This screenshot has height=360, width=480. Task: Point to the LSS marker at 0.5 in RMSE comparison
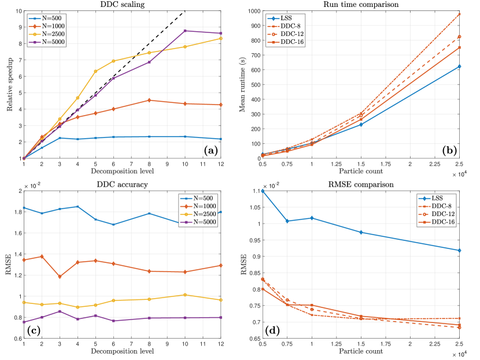[263, 191]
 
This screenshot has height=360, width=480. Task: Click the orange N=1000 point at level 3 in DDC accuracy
[60, 277]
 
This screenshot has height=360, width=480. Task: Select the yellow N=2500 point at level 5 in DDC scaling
[95, 71]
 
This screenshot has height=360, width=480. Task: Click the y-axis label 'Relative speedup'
[9, 84]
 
